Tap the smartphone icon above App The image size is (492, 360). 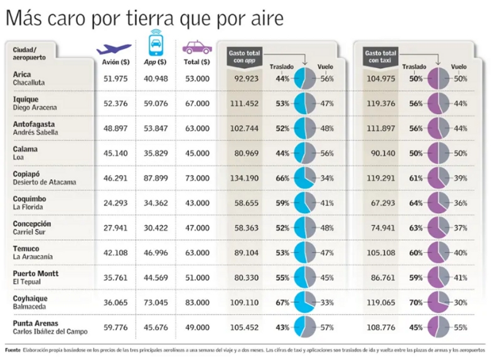click(154, 45)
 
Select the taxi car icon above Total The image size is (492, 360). click(196, 46)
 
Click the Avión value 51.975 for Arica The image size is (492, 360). click(115, 78)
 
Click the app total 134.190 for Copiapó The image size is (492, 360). click(245, 177)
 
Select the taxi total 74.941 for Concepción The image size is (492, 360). click(382, 228)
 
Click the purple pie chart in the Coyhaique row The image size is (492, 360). click(438, 302)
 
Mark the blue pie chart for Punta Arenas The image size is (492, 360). click(304, 327)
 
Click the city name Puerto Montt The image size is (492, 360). click(36, 273)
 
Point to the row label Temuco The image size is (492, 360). click(26, 248)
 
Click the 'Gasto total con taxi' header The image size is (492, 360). click(381, 56)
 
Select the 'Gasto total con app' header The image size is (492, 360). click(244, 56)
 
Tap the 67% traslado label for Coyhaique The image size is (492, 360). click(282, 302)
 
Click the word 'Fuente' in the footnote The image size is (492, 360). click(12, 349)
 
